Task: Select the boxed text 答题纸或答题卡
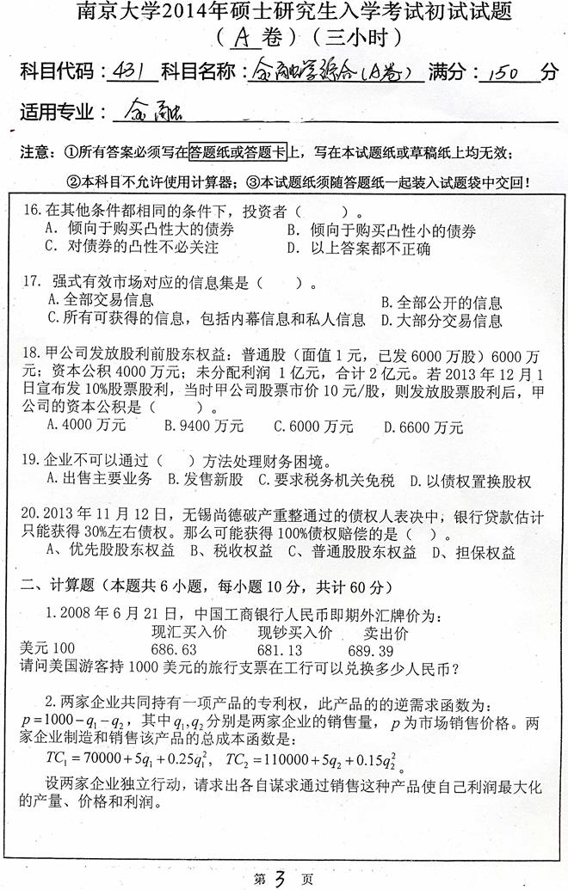(x=238, y=152)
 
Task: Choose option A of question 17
(x=102, y=300)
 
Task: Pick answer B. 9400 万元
(x=204, y=425)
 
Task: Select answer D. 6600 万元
(x=423, y=425)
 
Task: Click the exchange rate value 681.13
(x=280, y=648)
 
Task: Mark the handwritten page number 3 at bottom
(x=281, y=878)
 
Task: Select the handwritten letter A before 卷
(x=240, y=37)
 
